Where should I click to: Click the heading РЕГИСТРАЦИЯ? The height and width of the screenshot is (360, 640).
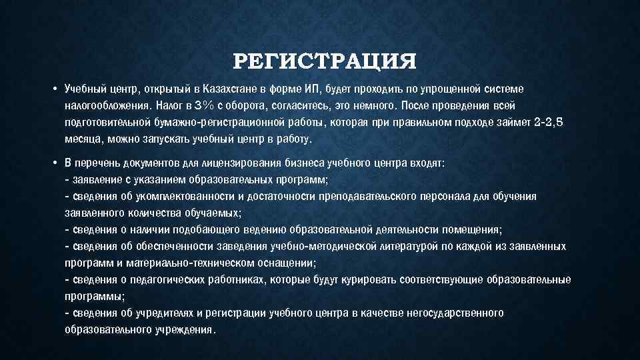pyautogui.click(x=325, y=62)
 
